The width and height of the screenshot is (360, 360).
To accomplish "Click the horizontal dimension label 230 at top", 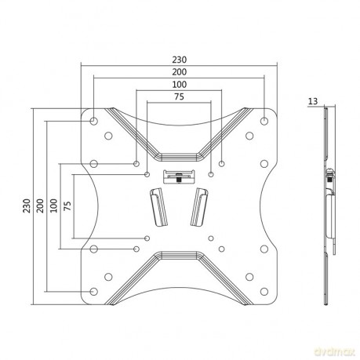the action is [180, 60].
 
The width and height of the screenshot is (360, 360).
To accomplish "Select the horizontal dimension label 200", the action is [180, 72].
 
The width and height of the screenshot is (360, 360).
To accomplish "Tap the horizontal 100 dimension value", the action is [180, 85].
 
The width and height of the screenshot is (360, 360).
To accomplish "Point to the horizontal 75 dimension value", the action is [179, 96].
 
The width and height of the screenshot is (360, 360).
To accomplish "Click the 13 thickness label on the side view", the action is [313, 101].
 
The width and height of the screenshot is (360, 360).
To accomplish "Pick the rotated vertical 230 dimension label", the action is [27, 205].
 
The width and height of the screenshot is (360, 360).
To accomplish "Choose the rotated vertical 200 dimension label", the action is [40, 205].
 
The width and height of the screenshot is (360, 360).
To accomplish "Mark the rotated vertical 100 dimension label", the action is [53, 205].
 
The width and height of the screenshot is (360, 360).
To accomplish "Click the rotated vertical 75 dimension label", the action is [67, 206].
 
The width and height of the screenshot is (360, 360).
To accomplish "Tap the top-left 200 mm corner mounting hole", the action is [94, 121].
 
